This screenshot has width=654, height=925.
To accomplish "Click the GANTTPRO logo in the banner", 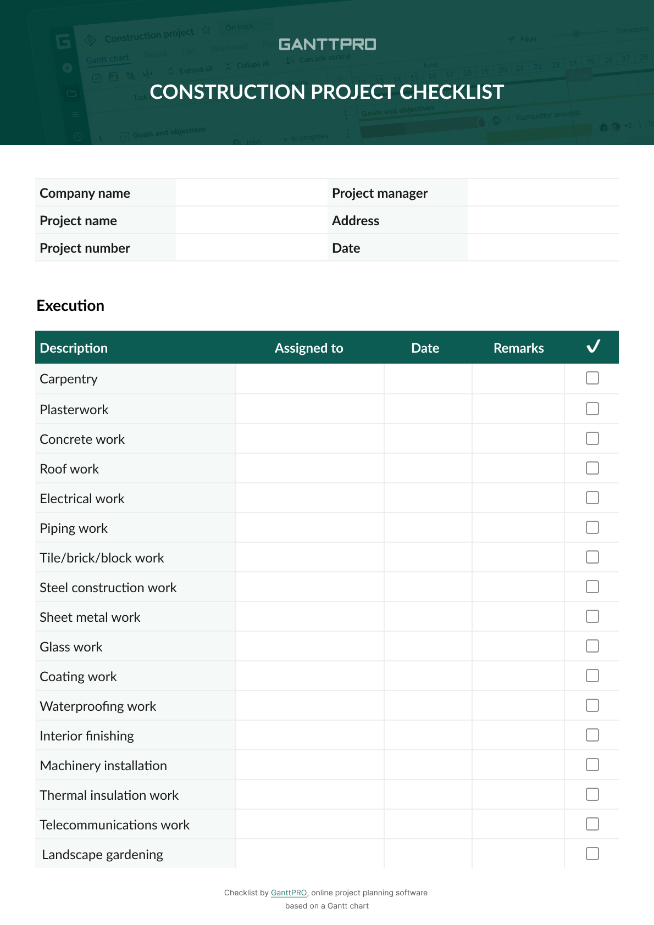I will [327, 44].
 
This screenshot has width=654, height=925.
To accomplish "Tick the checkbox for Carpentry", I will [592, 378].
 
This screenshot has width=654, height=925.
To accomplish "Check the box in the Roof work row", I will [592, 468].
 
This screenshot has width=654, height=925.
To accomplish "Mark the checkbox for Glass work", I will [592, 646].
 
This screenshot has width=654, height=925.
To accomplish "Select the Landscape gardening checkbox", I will [592, 854].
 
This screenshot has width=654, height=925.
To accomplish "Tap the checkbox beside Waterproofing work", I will [592, 705].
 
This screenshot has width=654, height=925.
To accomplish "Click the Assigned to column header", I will [309, 348].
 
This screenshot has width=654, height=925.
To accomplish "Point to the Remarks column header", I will [518, 348].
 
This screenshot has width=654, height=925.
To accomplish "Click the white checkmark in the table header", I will [593, 347].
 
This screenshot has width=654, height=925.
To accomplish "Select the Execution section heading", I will [70, 306].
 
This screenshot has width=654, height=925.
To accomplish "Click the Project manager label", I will [380, 193].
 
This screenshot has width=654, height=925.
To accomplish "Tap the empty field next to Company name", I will [251, 193].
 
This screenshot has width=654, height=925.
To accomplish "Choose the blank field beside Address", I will [543, 220].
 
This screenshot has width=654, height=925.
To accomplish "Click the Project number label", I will [85, 248].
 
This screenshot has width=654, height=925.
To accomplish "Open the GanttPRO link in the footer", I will [289, 893].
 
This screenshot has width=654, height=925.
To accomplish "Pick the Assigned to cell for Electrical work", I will [310, 498].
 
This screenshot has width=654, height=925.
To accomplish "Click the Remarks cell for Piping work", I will [518, 528].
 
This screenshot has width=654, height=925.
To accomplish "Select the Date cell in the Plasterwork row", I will [428, 409].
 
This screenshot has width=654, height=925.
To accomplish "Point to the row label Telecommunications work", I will [115, 825].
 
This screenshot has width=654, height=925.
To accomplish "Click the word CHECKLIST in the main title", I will [452, 92].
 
